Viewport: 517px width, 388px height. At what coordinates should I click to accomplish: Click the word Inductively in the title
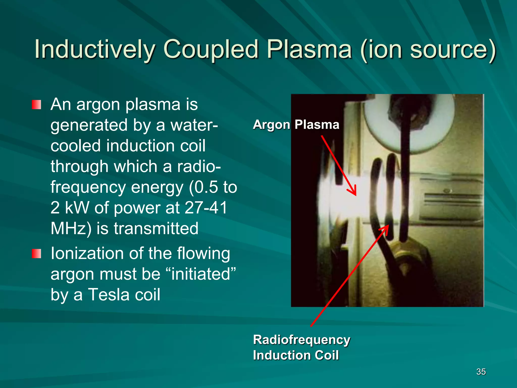95,49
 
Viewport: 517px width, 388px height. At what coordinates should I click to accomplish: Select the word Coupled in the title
211,49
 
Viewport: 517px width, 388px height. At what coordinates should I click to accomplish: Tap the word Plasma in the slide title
309,49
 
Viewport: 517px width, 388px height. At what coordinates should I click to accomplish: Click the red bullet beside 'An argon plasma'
36,105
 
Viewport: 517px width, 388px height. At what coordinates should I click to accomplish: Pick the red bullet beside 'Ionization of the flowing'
36,254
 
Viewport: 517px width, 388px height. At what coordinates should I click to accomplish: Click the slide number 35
481,372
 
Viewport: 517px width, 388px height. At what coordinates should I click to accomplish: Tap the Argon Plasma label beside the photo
296,125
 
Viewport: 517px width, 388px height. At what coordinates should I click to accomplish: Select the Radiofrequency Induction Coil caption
301,347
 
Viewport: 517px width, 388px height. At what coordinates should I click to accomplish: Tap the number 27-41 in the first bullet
206,208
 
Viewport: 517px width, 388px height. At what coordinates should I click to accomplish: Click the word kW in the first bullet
77,208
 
